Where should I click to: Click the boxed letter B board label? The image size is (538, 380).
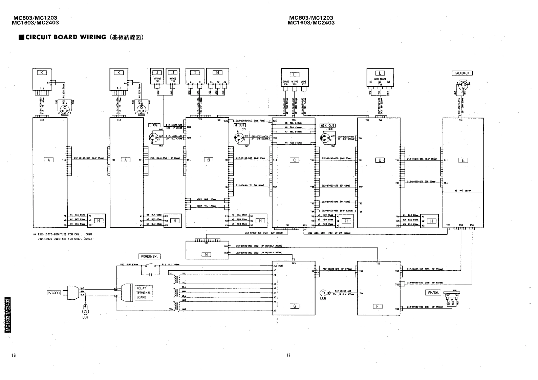(x=208, y=160)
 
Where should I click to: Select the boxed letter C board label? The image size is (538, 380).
(x=294, y=160)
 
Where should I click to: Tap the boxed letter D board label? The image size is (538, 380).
(x=380, y=160)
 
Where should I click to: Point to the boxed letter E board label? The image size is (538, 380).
(x=463, y=161)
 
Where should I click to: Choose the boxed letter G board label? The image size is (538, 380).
(x=294, y=306)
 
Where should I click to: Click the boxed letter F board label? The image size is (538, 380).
(x=377, y=306)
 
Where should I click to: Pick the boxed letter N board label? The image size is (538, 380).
(x=206, y=255)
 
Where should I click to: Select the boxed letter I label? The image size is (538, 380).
(x=195, y=72)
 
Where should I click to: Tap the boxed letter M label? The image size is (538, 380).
(x=217, y=72)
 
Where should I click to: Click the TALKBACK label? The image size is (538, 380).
(x=462, y=73)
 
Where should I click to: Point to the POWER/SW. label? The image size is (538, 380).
(x=149, y=256)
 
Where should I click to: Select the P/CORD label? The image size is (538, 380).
(x=54, y=293)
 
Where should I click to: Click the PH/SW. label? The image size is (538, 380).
(x=433, y=292)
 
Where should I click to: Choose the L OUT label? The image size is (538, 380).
(x=154, y=125)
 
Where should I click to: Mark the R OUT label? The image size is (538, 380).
(x=240, y=125)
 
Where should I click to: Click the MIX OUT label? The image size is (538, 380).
(x=327, y=126)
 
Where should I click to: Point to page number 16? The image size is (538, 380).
(x=14, y=355)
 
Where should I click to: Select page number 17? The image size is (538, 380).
(x=288, y=355)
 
